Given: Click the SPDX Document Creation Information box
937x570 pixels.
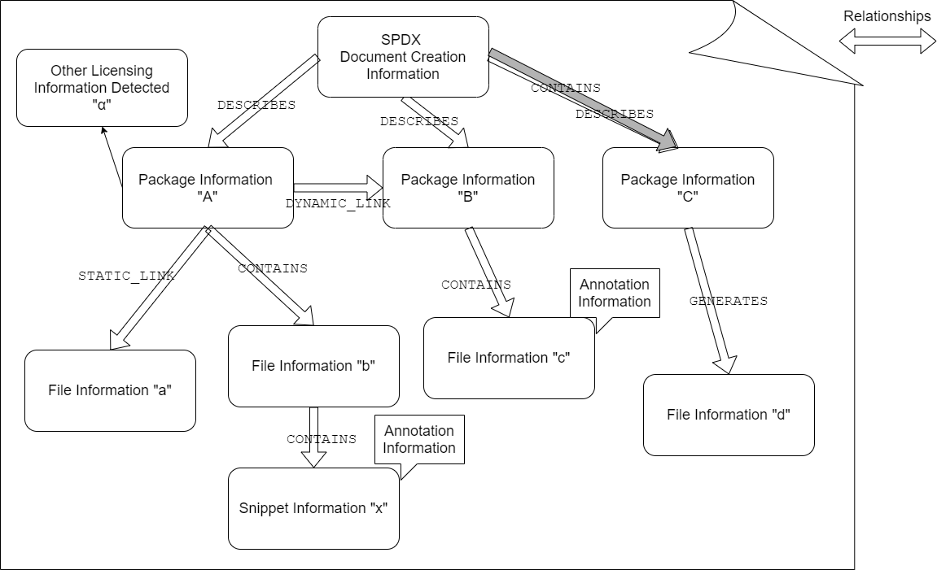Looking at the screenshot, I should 403,58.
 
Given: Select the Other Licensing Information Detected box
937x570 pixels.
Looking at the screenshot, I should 102,88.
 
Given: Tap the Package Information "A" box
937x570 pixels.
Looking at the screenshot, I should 207,188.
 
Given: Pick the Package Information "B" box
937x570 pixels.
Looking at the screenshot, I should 468,188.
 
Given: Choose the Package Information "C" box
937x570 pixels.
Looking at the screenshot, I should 688,188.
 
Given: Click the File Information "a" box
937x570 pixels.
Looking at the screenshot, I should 110,390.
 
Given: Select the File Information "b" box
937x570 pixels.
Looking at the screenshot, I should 313,366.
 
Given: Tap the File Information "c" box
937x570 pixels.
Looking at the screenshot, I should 509,359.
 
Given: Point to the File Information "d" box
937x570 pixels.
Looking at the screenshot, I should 729,415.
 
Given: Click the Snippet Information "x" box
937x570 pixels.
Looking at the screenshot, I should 313,508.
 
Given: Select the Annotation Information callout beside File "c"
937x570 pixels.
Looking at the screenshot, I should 615,293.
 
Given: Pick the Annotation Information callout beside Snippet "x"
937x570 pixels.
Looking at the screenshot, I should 419,439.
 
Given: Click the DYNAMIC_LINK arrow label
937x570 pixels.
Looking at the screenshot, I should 338,203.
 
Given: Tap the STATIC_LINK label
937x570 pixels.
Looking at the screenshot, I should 126,276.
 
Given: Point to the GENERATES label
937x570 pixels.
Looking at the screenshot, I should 728,301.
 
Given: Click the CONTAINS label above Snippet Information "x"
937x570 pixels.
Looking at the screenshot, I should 321,439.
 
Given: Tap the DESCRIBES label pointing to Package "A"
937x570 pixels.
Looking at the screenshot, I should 256,105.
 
